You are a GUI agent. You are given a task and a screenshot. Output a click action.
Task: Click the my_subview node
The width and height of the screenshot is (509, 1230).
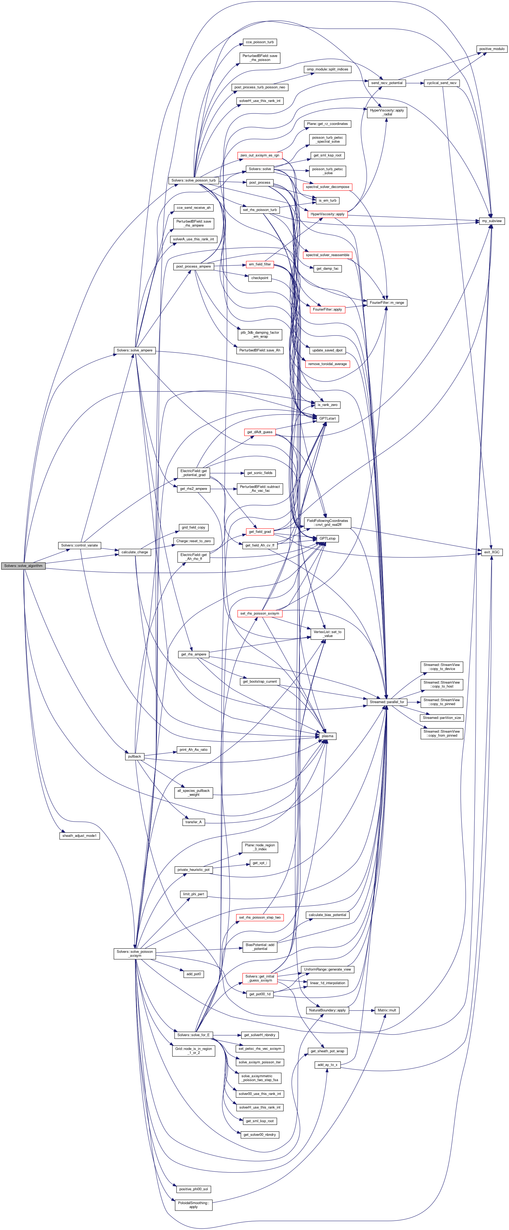coord(492,221)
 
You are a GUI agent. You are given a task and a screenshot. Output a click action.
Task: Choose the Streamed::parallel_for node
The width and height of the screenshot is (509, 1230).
coord(387,702)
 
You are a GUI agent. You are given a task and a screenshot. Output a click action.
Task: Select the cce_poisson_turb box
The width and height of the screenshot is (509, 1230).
coord(259,42)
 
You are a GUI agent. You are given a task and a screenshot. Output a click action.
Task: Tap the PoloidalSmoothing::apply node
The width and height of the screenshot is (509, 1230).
coord(193,1205)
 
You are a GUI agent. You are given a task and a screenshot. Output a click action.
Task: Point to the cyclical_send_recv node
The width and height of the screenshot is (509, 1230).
coord(441,83)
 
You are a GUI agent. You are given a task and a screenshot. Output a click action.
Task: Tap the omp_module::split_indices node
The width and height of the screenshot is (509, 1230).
coord(327,69)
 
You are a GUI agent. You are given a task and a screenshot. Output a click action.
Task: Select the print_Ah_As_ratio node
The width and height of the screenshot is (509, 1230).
coord(193,750)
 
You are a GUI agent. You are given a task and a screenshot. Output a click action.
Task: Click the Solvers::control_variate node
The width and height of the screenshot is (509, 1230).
coord(80,545)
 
